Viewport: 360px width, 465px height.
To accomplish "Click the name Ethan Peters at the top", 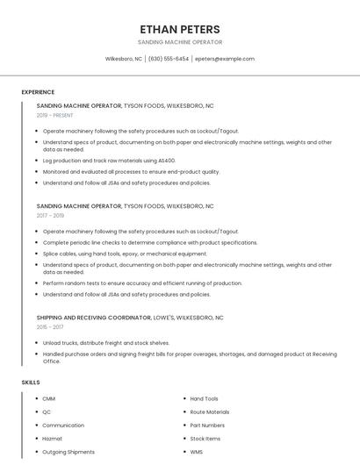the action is pyautogui.click(x=180, y=29).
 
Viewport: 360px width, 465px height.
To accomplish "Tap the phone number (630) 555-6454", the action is pyautogui.click(x=169, y=59).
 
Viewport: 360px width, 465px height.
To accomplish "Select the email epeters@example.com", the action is pyautogui.click(x=225, y=59).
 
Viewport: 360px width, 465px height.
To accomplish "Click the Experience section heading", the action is pyautogui.click(x=38, y=92).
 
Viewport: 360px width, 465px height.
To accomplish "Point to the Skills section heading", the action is pyautogui.click(x=31, y=383).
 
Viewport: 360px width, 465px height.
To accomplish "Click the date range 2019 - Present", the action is pyautogui.click(x=55, y=115).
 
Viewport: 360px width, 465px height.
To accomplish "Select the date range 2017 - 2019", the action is pyautogui.click(x=50, y=215).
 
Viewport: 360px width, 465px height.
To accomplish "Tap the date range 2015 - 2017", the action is pyautogui.click(x=50, y=326).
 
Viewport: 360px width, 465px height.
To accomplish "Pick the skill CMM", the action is pyautogui.click(x=48, y=398).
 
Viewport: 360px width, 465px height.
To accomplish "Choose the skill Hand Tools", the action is pyautogui.click(x=204, y=398).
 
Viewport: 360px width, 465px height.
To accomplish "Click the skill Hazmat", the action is pyautogui.click(x=52, y=439).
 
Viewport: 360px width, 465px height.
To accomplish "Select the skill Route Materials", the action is pyautogui.click(x=210, y=411).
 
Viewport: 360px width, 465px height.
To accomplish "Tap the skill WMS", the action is pyautogui.click(x=198, y=452).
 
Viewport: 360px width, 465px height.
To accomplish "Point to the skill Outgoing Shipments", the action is pyautogui.click(x=68, y=452).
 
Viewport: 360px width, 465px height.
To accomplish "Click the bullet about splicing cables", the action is pyautogui.click(x=125, y=254).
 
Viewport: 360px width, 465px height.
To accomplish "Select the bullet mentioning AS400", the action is pyautogui.click(x=109, y=161).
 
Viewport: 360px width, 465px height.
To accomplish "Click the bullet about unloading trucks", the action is pyautogui.click(x=105, y=343).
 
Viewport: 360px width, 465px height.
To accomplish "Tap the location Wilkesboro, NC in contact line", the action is pyautogui.click(x=123, y=59).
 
